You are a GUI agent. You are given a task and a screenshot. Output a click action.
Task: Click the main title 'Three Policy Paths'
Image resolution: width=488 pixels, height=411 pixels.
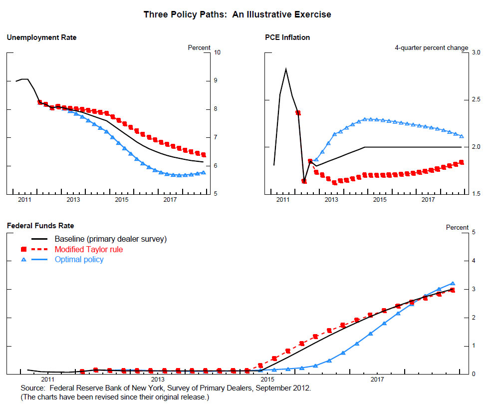point(237,14)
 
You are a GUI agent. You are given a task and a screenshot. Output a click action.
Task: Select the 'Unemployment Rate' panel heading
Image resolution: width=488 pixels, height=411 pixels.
point(41,37)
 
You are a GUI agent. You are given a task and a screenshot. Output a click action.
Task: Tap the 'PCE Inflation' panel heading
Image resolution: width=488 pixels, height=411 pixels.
point(287,37)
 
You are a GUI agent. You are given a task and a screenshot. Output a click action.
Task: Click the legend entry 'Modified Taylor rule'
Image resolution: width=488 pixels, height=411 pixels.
point(88,249)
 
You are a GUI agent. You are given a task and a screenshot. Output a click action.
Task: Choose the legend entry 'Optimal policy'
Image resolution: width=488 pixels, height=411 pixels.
point(79,259)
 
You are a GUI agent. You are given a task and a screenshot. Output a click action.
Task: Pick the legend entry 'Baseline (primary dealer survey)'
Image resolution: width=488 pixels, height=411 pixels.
point(110,239)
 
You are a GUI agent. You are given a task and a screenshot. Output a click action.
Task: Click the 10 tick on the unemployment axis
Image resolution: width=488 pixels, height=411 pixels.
point(218,52)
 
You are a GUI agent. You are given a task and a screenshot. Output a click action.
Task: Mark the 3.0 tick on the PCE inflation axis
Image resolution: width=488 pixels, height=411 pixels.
point(476,52)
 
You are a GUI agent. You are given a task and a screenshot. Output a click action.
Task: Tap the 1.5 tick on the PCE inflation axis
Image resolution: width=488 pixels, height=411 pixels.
point(476,194)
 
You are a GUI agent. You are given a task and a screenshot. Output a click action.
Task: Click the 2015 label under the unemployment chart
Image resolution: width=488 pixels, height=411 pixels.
point(122,200)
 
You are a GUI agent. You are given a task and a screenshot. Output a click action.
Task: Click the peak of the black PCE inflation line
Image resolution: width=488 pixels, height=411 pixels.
point(286,69)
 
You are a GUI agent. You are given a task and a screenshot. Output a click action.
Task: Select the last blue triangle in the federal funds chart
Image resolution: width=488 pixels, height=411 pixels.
point(453,283)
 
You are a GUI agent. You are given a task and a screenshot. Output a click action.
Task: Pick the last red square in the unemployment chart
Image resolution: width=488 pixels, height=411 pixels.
point(204,155)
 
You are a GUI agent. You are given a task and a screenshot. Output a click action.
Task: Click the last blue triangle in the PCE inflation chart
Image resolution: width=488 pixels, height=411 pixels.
point(461,136)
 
